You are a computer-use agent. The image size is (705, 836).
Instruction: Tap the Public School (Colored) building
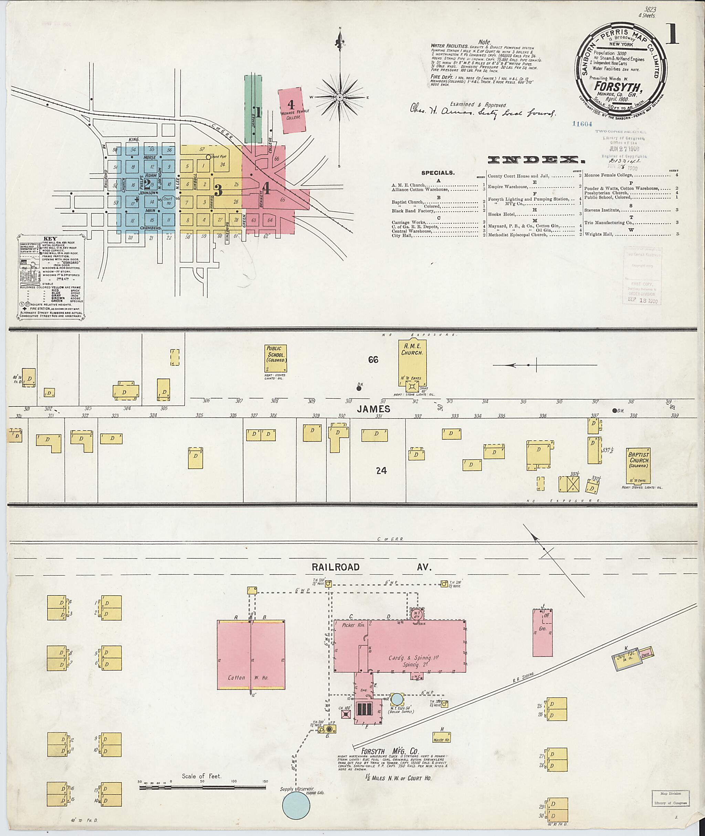coord(276,358)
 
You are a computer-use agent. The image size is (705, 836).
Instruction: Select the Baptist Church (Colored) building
coord(638,466)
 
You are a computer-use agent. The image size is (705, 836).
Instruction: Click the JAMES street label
coord(373,409)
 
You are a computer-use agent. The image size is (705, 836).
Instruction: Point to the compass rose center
coord(340,97)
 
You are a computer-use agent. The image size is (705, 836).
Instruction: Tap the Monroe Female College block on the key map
coord(293,110)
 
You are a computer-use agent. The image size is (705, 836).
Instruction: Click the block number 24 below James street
coord(381,470)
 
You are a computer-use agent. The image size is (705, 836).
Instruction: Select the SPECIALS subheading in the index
coord(438,173)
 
